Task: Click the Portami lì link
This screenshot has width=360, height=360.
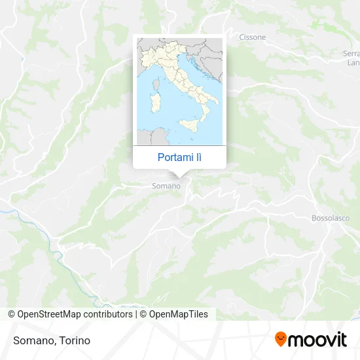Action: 179,157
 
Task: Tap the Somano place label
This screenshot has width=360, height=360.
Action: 166,187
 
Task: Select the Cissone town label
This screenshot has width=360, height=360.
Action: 253,37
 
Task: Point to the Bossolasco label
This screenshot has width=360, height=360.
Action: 331,218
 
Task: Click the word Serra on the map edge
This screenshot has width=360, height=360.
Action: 351,53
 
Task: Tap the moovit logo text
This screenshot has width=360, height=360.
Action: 318,340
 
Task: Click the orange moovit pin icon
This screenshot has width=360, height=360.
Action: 281,339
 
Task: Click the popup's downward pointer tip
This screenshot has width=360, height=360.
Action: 180,175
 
